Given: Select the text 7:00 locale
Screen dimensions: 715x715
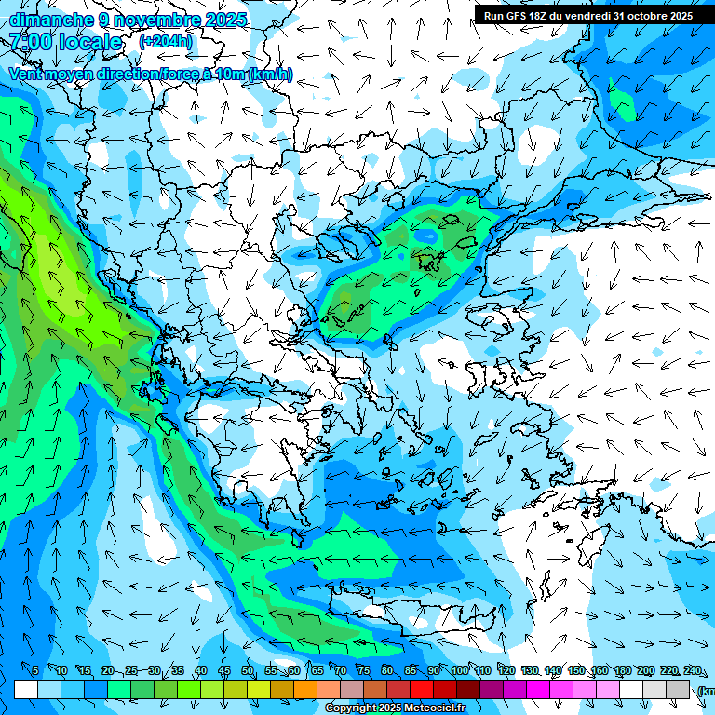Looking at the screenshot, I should point(65,42).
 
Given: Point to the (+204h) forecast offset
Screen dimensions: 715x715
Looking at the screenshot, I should point(166,41).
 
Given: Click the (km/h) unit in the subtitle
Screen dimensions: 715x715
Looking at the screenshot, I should point(270,74).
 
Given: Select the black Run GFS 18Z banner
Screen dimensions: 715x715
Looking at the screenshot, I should point(587,16).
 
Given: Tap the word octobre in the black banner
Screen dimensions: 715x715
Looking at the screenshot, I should point(648,16).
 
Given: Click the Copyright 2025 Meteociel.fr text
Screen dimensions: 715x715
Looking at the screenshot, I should point(395,708).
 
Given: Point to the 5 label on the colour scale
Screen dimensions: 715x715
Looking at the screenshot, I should point(35,670).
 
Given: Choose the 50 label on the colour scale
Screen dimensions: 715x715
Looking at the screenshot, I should point(248,670).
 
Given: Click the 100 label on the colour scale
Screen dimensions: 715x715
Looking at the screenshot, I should point(460,670).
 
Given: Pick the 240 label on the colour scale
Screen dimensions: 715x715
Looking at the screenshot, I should point(693,670).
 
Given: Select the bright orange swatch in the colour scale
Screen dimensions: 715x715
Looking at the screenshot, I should point(305,689).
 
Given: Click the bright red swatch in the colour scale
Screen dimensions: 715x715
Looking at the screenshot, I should point(422,689).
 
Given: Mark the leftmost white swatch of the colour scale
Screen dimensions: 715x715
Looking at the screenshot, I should point(26,689).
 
